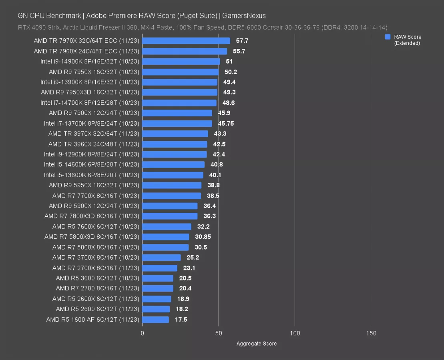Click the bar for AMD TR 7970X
coord(186,41)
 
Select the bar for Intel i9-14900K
coord(181,62)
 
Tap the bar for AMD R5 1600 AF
coord(155,320)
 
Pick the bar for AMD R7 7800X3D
coord(170,216)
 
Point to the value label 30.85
coord(203,237)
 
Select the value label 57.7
coord(242,41)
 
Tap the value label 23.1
coord(189,268)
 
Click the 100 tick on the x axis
coord(295,333)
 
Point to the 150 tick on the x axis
coord(371,333)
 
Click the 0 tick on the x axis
coord(142,333)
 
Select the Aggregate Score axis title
coord(256,344)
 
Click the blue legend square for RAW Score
coord(388,37)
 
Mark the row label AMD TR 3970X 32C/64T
coord(94,134)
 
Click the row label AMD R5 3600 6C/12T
coord(97,278)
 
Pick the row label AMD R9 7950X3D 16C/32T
coord(90,92)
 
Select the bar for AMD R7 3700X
coord(161,258)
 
